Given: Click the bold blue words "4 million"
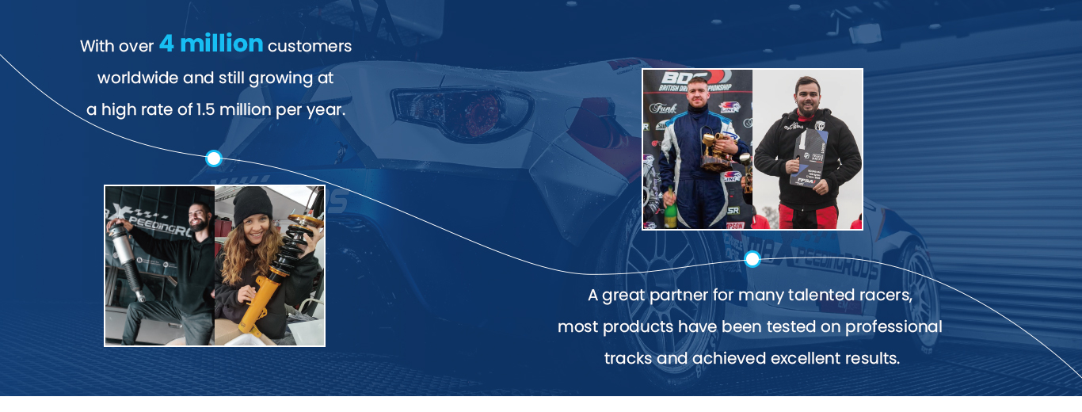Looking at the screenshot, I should pos(211,44).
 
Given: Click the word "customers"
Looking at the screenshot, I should pos(310,46).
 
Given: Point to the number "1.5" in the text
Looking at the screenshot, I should pos(206,110).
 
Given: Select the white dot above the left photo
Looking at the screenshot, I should pos(213,158).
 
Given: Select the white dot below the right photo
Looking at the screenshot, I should pos(752,259).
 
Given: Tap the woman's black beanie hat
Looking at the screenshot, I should pos(252,205).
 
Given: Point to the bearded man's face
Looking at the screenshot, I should pos(200,215).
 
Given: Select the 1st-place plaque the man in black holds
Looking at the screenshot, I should pos(809,158).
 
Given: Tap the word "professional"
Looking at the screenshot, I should pos(893,326).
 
